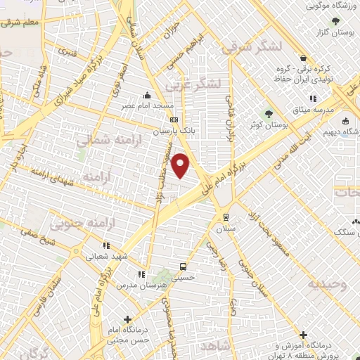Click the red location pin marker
tap(181, 166)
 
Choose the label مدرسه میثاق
tap(330, 110)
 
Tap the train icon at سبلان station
tap(226, 217)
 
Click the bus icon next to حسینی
tap(183, 266)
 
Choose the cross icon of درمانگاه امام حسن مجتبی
tap(127, 319)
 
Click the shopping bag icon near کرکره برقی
tap(302, 58)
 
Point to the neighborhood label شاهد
tap(215, 347)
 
